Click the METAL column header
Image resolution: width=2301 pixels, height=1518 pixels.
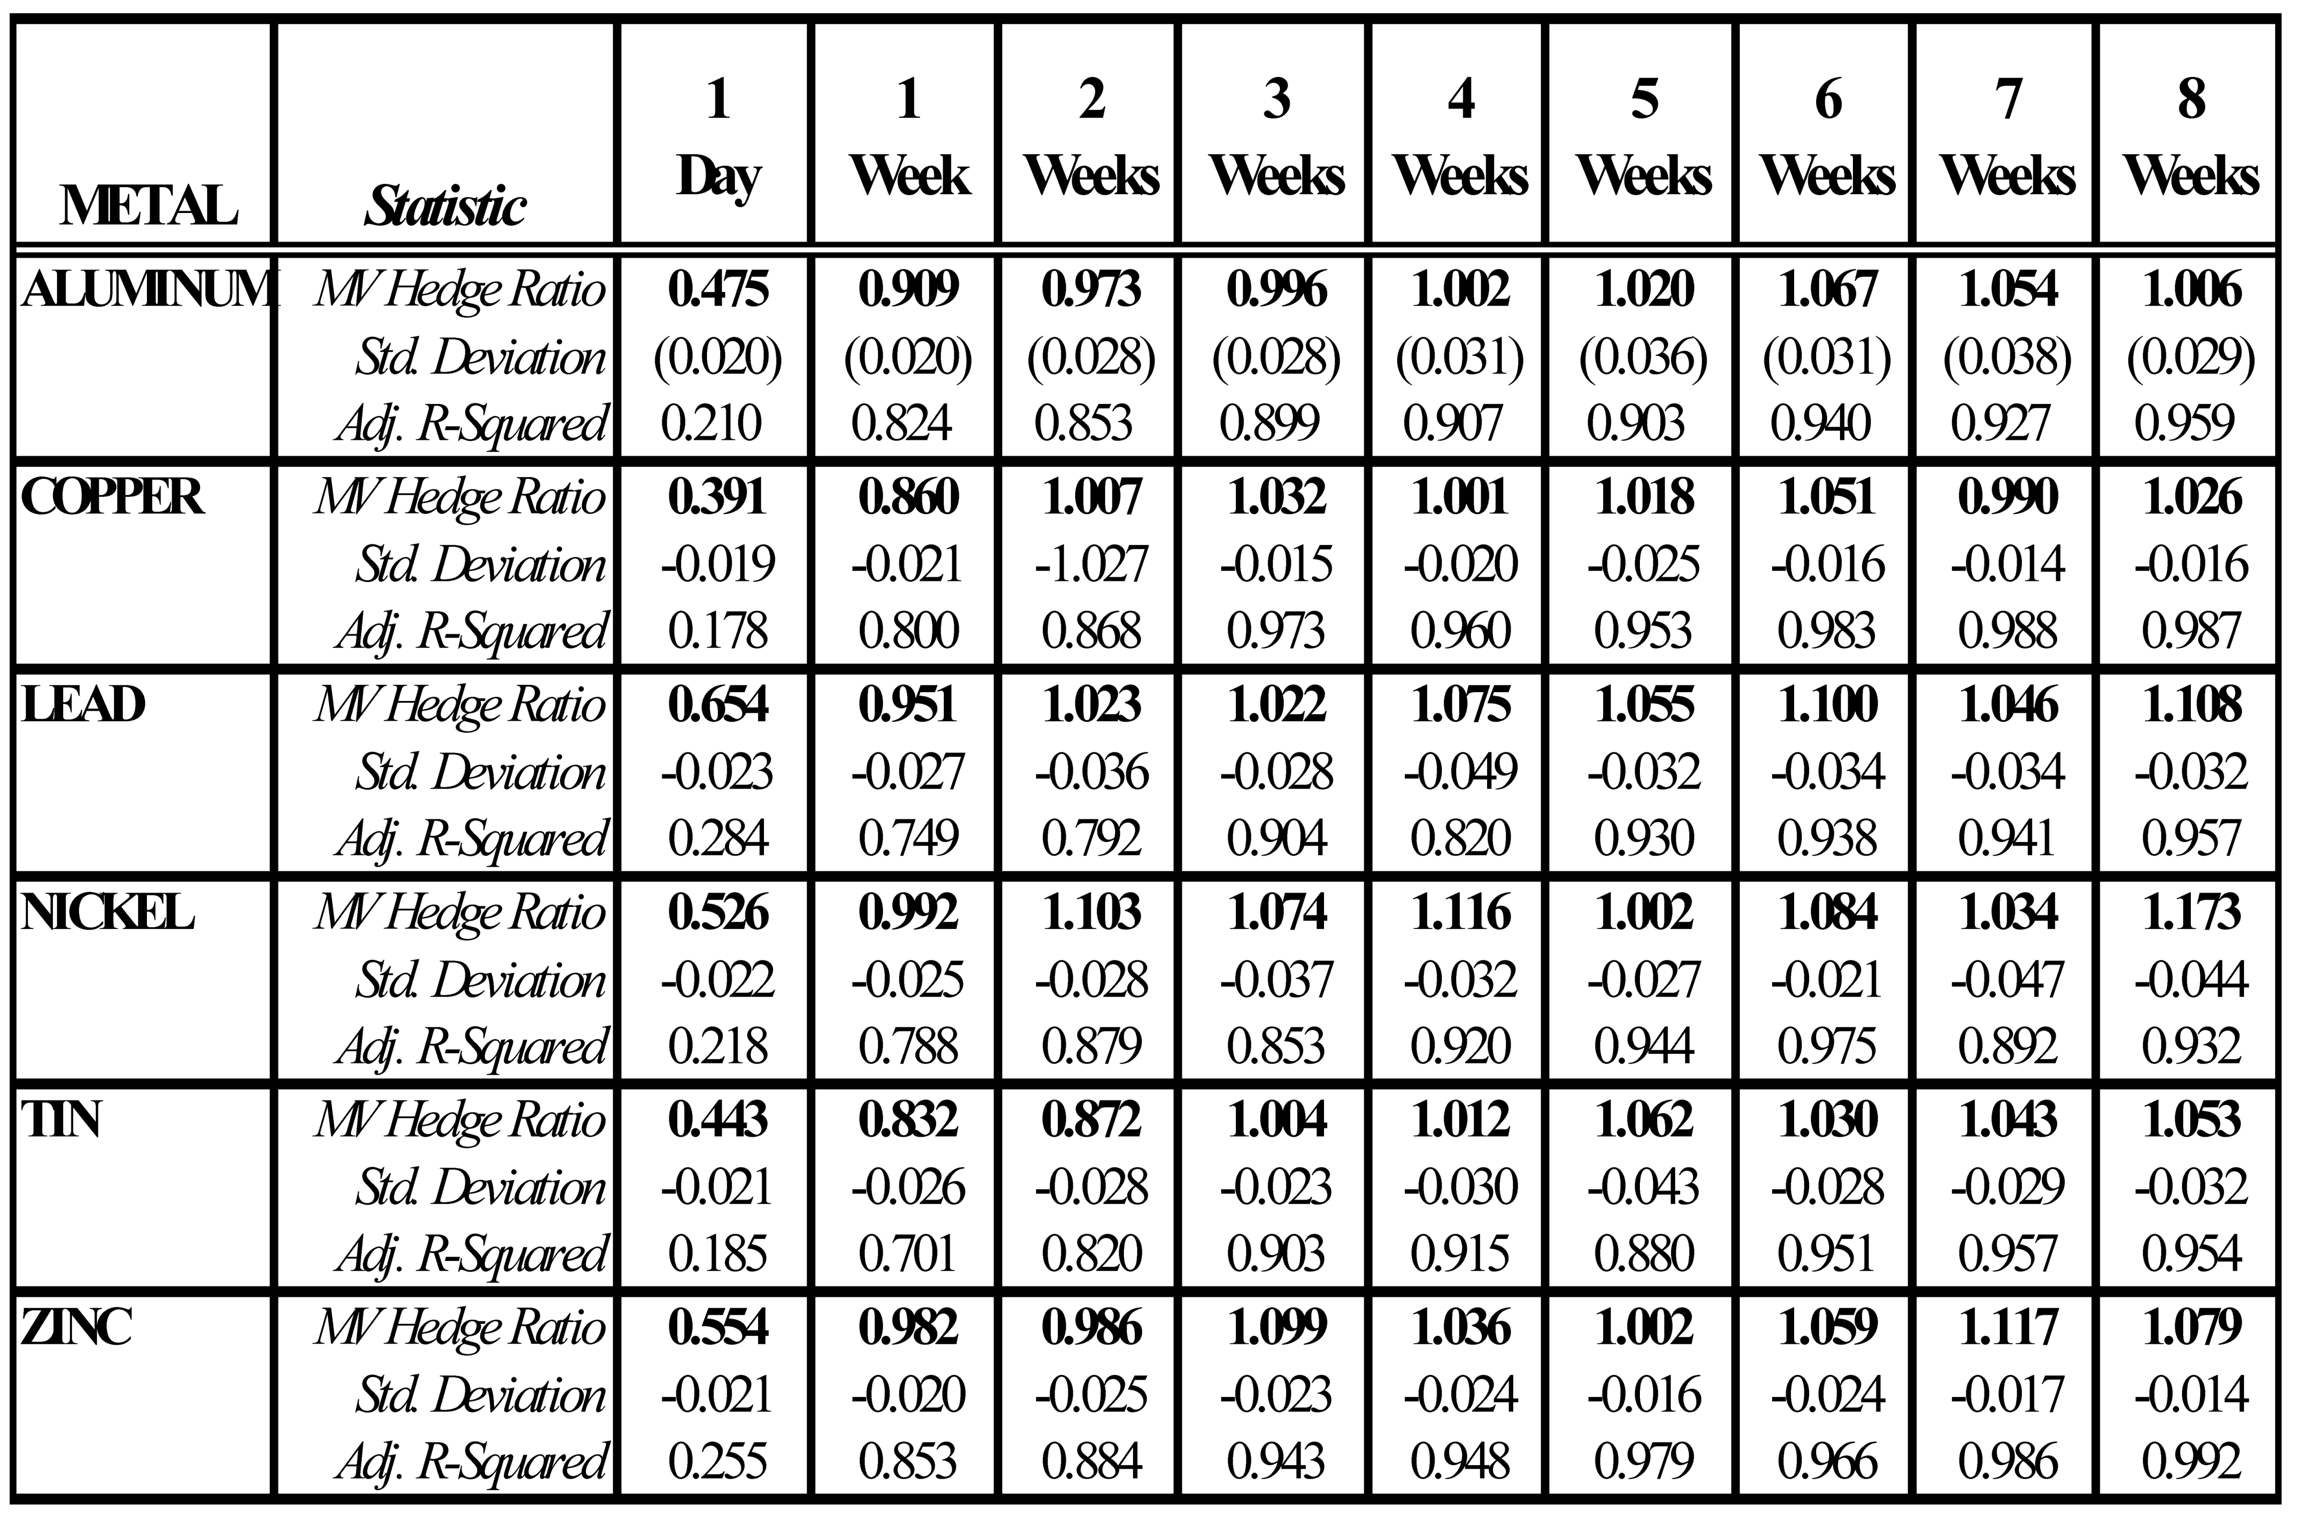(148, 205)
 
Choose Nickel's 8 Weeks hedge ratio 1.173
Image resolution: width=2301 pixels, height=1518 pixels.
(2191, 912)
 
